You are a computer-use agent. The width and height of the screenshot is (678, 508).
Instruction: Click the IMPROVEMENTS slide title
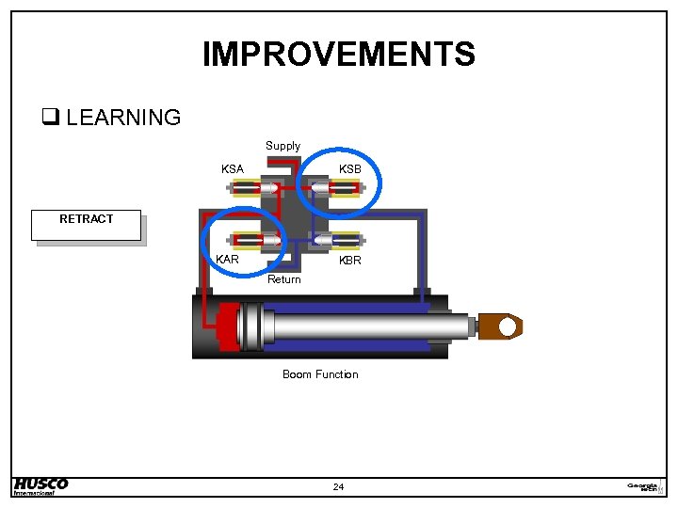tap(339, 54)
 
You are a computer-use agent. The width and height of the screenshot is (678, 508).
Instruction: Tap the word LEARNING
tap(123, 118)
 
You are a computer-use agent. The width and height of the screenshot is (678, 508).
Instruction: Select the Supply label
tap(282, 146)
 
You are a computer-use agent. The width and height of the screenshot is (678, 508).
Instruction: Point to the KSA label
tap(232, 169)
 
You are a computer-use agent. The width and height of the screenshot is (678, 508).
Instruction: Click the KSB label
tap(350, 169)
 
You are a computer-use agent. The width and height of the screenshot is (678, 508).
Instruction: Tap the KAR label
tap(227, 259)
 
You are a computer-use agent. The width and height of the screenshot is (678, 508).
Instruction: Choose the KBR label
tap(349, 260)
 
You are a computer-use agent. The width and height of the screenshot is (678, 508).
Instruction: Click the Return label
tap(284, 279)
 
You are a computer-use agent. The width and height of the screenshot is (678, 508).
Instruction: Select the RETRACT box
tap(86, 225)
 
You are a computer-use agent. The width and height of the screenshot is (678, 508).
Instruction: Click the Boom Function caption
tap(320, 374)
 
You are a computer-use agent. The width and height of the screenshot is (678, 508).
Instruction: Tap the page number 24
tap(339, 486)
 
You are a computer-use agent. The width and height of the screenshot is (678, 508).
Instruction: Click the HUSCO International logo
tap(40, 485)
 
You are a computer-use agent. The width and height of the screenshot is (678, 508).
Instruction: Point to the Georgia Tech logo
tap(645, 485)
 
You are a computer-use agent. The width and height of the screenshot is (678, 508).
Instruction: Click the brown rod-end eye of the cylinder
tap(500, 326)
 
